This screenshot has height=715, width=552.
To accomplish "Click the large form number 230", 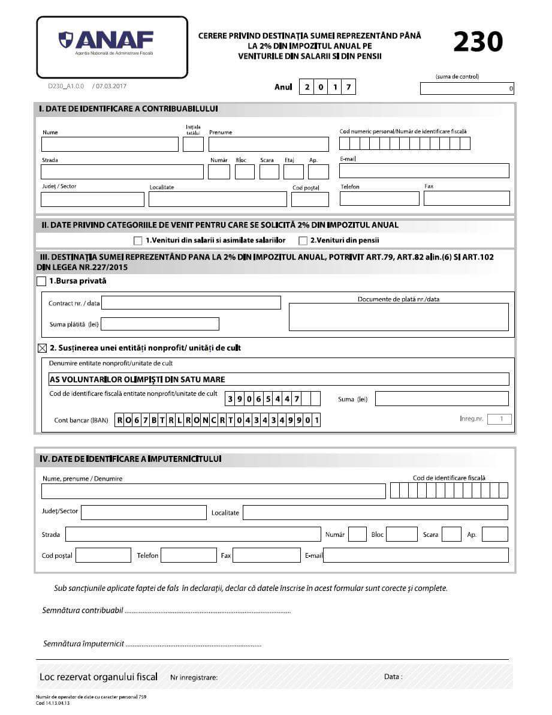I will [478, 42].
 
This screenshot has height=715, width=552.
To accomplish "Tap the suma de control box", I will [467, 89].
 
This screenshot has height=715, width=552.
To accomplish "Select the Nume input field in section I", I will [110, 145].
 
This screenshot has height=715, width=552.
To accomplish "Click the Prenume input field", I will [269, 145].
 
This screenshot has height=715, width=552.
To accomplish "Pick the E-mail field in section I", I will [424, 171].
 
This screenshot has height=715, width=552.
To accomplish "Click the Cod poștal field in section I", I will [310, 200].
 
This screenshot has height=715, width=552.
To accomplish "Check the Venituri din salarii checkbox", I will [138, 241].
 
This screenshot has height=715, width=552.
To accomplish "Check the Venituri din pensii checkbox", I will [303, 241].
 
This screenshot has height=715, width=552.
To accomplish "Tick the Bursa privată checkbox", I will [41, 281].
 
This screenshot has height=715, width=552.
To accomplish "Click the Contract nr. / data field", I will [191, 303].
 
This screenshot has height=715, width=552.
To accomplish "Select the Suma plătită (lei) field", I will [160, 325].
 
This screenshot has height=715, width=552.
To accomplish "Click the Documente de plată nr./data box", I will [399, 317].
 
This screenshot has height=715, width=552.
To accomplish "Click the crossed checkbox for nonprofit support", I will [42, 348].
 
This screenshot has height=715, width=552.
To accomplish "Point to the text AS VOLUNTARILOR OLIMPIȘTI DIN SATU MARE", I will [137, 379].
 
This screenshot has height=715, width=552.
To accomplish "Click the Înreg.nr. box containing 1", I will [499, 419].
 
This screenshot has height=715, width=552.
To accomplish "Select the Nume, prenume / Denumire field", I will [213, 492].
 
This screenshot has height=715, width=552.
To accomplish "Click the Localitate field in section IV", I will [375, 513].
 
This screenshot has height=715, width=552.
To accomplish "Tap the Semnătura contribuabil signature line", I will [207, 611].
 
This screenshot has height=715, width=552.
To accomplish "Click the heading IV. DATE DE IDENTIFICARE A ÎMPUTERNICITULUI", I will [131, 458].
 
